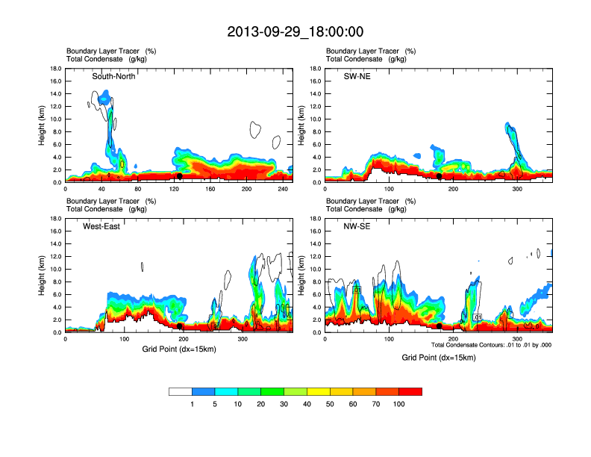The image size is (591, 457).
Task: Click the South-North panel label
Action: [x=114, y=76]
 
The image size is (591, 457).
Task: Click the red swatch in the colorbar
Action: [x=410, y=391]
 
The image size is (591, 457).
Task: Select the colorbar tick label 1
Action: [x=193, y=404]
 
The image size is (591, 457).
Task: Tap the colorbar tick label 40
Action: [x=307, y=404]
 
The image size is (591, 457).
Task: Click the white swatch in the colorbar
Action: [x=181, y=391]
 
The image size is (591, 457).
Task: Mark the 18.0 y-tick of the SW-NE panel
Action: [x=316, y=69]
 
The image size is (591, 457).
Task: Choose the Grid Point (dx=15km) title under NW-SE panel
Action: [x=438, y=358]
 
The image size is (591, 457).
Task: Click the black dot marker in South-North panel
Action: [x=180, y=176]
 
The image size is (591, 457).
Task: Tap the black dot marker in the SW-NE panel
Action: [x=440, y=176]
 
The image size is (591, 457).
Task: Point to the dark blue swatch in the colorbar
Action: [x=204, y=391]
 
